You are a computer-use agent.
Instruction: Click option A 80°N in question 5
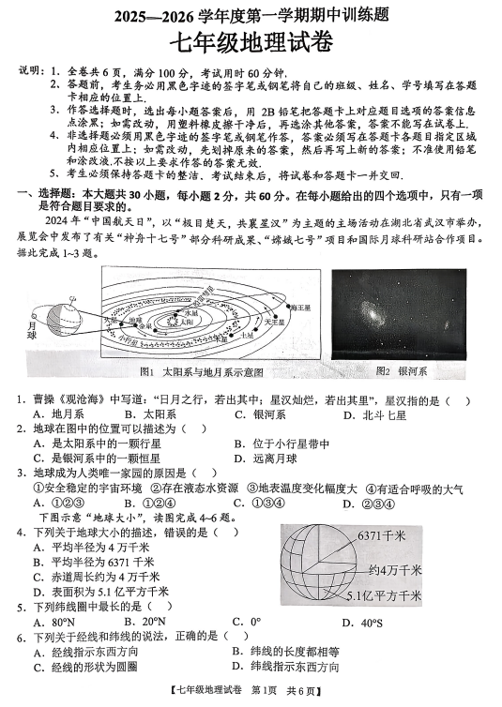coord(53,621)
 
